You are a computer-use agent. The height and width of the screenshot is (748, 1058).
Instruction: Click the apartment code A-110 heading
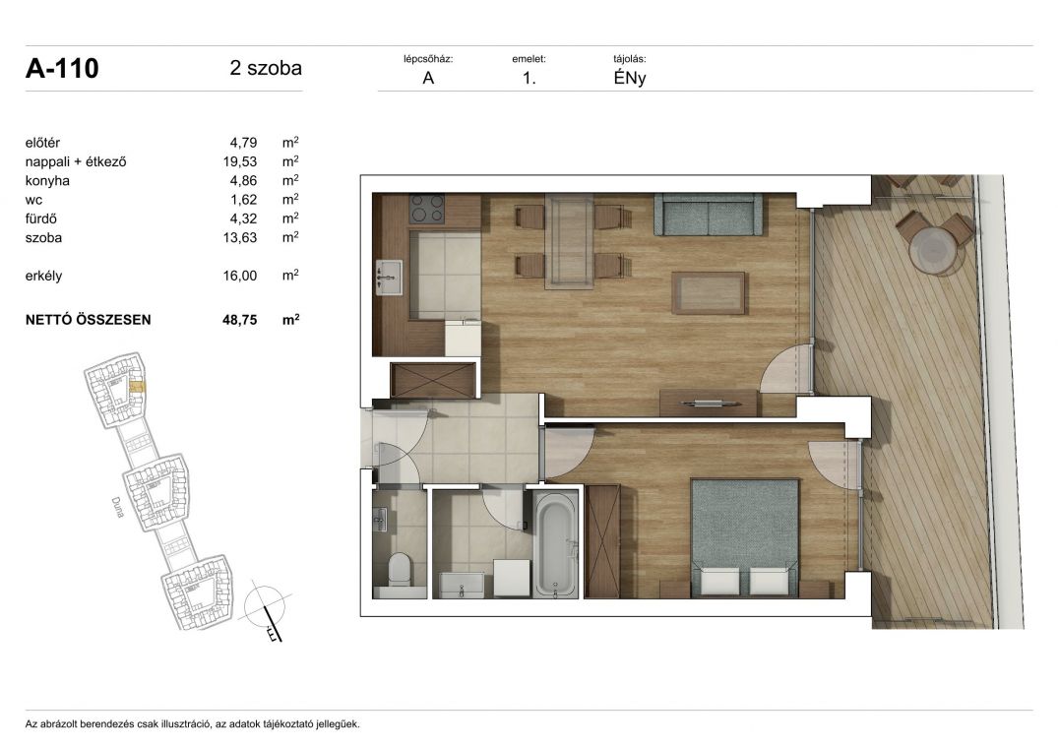point(62,68)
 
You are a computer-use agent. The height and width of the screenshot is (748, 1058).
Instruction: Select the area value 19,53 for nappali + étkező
point(240,161)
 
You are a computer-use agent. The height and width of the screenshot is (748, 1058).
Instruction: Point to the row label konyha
point(47,181)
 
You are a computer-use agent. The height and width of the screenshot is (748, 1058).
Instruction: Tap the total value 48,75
point(240,320)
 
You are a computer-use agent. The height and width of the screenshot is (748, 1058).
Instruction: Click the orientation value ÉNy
point(630,78)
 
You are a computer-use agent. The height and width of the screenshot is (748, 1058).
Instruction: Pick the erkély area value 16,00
point(240,276)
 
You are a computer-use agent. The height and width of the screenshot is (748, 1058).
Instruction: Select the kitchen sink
point(389,278)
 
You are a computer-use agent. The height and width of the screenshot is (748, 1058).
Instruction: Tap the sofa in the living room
point(708,215)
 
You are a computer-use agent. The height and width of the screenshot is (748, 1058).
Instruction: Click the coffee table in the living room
point(709,292)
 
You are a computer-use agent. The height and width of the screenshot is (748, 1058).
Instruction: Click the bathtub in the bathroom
point(556,543)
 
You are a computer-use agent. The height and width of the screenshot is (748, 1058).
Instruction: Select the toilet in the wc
point(401,570)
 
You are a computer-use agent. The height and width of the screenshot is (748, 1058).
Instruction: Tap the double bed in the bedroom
point(744,537)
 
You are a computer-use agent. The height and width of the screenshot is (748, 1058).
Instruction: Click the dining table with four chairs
point(570,241)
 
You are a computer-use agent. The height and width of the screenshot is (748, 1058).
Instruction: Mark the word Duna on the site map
point(117,507)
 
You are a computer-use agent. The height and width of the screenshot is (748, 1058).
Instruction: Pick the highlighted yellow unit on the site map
point(137,387)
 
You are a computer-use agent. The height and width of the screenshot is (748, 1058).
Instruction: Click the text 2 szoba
point(266,68)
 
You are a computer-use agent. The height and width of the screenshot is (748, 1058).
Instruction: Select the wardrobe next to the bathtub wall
point(602,541)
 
